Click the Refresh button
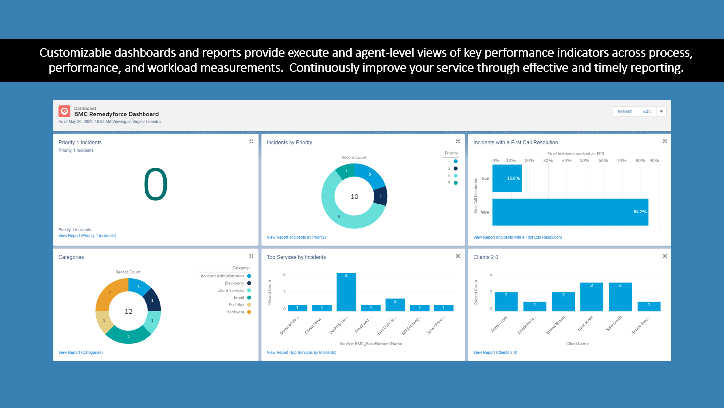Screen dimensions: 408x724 coord(625,111)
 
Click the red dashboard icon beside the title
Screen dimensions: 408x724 coord(64,111)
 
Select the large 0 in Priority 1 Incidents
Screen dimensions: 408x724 coord(155,185)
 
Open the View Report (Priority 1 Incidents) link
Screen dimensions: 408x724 coord(87,236)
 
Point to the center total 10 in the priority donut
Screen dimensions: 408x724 coord(354,197)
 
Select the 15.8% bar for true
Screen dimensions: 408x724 coord(507,178)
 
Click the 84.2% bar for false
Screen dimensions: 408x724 coord(570,212)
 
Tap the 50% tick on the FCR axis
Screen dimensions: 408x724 coord(585,161)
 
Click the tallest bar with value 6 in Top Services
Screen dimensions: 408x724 coord(346,292)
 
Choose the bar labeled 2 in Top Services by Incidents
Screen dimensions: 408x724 coord(395,305)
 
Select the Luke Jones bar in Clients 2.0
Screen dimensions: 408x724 coord(591,297)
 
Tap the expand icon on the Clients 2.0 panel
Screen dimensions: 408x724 coord(665,256)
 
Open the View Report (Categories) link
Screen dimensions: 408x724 coord(80,353)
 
